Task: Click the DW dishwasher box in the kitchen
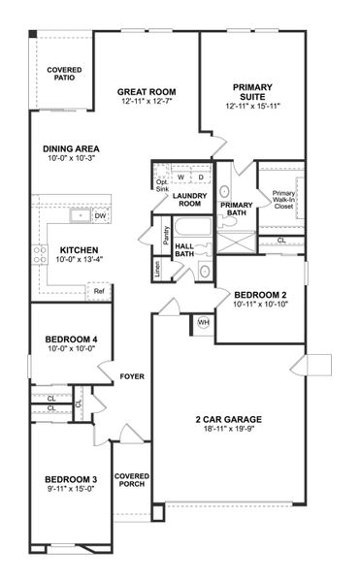(x=100, y=215)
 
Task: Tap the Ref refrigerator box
(x=98, y=289)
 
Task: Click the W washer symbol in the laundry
(x=180, y=177)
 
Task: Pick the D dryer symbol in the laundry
(x=201, y=177)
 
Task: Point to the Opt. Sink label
(x=162, y=184)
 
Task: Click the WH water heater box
(x=204, y=322)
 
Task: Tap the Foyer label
(x=131, y=375)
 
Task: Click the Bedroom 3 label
(x=71, y=480)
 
